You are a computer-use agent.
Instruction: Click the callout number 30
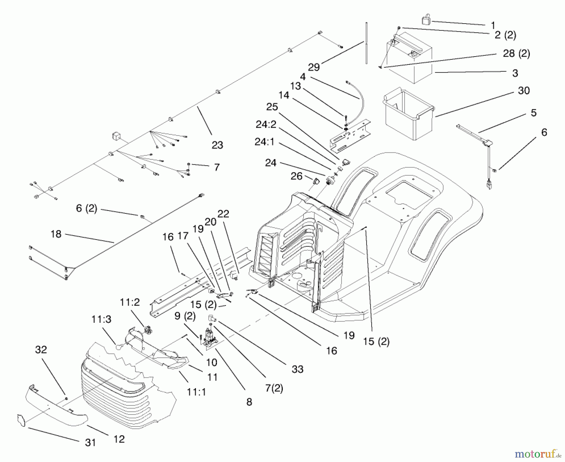coord(524,91)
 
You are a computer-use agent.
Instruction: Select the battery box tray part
coord(408,115)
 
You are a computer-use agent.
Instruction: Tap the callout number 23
coord(217,145)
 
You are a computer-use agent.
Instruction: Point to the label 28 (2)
coord(516,54)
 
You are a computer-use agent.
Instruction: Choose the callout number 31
coord(90,443)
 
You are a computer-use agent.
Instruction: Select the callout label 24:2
coord(266,125)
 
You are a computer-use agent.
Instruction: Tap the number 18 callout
coord(56,234)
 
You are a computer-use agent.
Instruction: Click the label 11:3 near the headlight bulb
coord(101,320)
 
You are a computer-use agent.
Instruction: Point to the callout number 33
coord(297,369)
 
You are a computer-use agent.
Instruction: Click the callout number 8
coord(249,402)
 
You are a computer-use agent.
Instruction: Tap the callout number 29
coord(314,67)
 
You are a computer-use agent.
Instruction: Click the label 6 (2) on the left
coord(87,209)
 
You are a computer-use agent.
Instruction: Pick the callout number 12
coord(119,439)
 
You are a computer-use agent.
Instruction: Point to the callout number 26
coord(296,176)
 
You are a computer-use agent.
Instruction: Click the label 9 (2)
coord(185,316)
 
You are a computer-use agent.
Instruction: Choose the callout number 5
coord(534,113)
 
